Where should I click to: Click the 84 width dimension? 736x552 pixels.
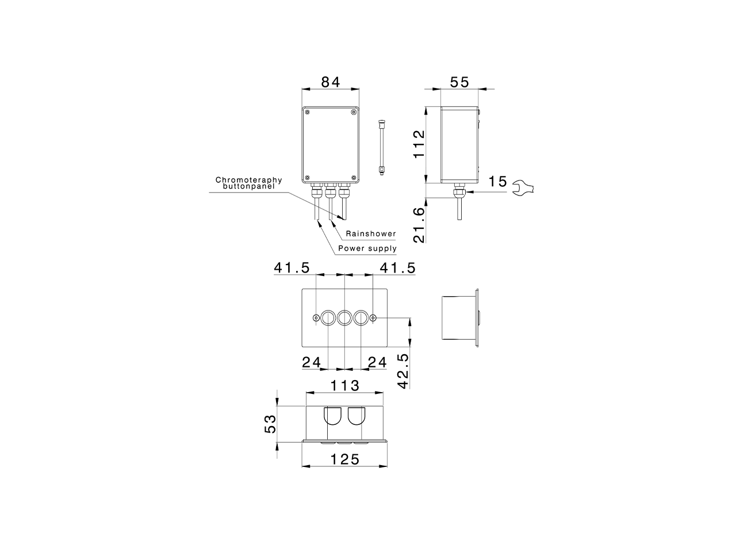330,82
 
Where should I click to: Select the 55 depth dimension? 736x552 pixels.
459,82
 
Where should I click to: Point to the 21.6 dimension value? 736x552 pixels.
419,225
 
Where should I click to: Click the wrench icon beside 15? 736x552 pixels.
523,187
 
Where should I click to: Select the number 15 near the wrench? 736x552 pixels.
498,182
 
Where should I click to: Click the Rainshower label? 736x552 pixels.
370,234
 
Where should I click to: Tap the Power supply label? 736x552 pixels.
367,248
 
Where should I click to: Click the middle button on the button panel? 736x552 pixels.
344,317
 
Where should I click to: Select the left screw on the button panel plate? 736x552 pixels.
316,318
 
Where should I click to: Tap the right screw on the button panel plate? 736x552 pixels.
373,318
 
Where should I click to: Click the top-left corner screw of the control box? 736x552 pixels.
308,113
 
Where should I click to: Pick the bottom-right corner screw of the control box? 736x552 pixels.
353,177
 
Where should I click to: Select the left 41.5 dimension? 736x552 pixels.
292,267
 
